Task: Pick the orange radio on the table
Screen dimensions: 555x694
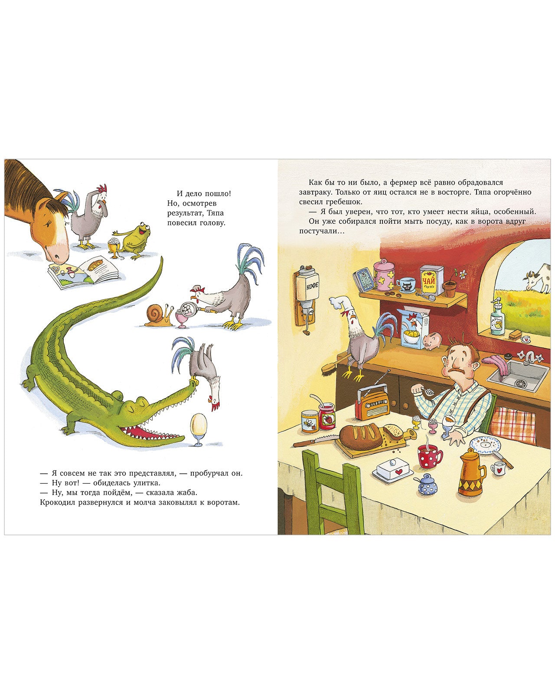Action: [372, 404]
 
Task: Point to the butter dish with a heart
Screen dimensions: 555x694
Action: [393, 469]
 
